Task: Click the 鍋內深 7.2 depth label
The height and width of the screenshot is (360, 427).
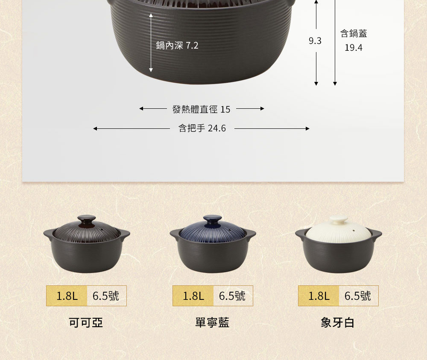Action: [x=177, y=46]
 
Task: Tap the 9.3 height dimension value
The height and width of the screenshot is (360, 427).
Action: [x=315, y=41]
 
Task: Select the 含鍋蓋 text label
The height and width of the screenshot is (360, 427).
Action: [x=354, y=33]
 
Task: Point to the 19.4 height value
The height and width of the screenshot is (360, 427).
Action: [x=354, y=48]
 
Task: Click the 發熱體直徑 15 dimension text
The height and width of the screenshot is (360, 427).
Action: [x=201, y=109]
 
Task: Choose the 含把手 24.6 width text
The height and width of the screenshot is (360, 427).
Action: [x=202, y=128]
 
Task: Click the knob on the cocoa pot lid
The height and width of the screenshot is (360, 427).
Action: [x=87, y=220]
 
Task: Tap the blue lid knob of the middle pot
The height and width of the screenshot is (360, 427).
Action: [x=212, y=220]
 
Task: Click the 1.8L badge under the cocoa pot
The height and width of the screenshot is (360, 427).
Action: [x=67, y=296]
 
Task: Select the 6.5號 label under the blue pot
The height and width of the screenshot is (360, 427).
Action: [x=232, y=296]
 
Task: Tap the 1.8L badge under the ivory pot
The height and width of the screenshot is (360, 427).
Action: [x=319, y=296]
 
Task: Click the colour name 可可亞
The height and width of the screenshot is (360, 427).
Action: [x=86, y=323]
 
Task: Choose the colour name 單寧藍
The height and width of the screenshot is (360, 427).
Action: [x=212, y=323]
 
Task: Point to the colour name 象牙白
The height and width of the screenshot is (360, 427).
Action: [x=338, y=323]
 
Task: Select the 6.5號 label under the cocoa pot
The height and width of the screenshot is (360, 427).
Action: [x=106, y=296]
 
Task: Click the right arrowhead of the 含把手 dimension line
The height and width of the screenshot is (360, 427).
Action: [x=308, y=128]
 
